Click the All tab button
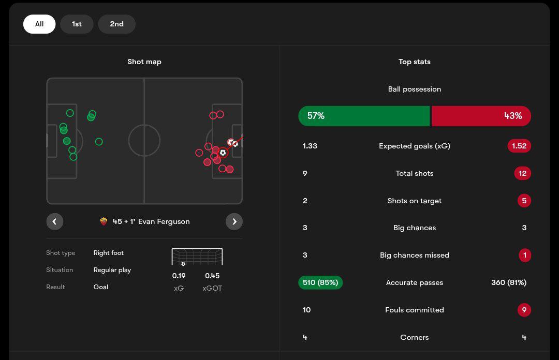[x=39, y=24]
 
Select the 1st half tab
[x=77, y=24]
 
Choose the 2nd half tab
[x=116, y=24]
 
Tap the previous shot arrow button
[x=55, y=221]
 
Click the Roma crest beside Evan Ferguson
[x=104, y=221]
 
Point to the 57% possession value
[x=316, y=116]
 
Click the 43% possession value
[x=513, y=116]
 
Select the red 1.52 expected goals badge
[x=519, y=146]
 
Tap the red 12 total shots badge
[x=522, y=173]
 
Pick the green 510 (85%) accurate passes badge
[x=320, y=282]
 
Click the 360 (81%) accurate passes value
[x=508, y=282]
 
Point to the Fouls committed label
[x=415, y=310]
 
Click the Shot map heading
[x=144, y=62]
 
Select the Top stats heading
[x=415, y=62]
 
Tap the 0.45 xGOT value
[x=212, y=276]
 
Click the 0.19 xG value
[x=179, y=276]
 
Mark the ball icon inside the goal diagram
[x=183, y=264]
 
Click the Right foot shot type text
[x=109, y=253]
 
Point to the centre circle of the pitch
[x=144, y=140]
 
